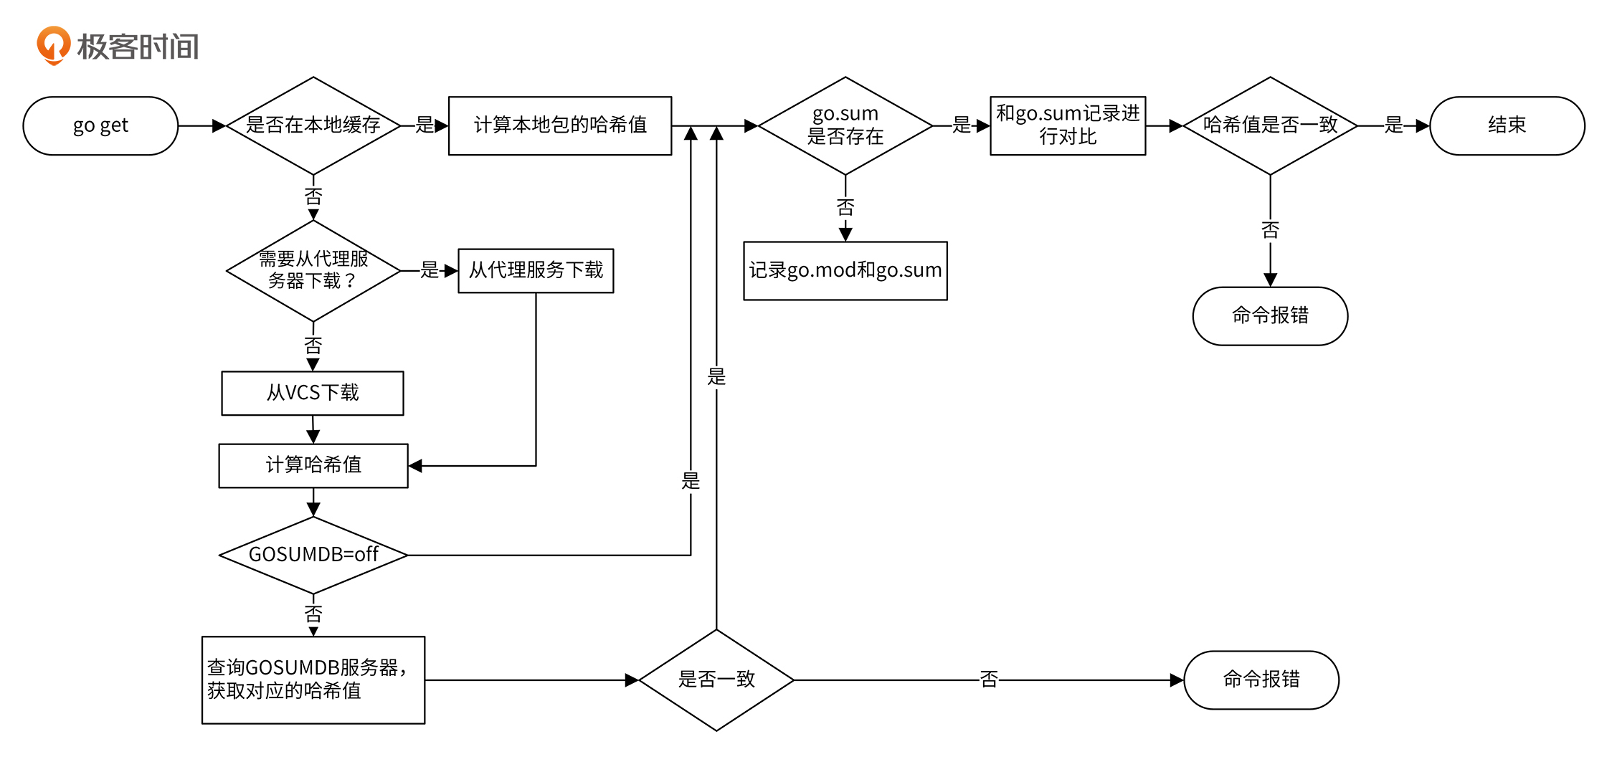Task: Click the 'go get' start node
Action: pyautogui.click(x=100, y=125)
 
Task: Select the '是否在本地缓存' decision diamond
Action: pyautogui.click(x=313, y=125)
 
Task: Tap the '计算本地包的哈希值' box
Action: pyautogui.click(x=560, y=125)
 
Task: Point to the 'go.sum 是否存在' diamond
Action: pyautogui.click(x=845, y=125)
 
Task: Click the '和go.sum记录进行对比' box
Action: pyautogui.click(x=1068, y=125)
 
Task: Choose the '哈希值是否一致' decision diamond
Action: pyautogui.click(x=1270, y=125)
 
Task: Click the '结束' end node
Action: pyautogui.click(x=1507, y=125)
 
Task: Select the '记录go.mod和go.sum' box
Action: pyautogui.click(x=845, y=270)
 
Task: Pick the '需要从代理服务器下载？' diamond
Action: pyautogui.click(x=313, y=270)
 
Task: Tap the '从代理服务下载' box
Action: pyautogui.click(x=536, y=270)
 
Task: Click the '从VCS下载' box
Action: pyautogui.click(x=313, y=393)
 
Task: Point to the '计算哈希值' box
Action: pyautogui.click(x=313, y=465)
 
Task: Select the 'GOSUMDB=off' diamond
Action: pyautogui.click(x=313, y=555)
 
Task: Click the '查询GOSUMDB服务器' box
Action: pyautogui.click(x=313, y=680)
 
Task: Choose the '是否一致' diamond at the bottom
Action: pyautogui.click(x=716, y=680)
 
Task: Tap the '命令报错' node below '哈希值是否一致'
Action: pyautogui.click(x=1270, y=315)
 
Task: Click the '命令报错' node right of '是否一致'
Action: pyautogui.click(x=1261, y=680)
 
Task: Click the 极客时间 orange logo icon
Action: pyautogui.click(x=54, y=45)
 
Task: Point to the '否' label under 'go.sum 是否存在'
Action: pyautogui.click(x=845, y=208)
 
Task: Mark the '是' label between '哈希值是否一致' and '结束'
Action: pyautogui.click(x=1393, y=125)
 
